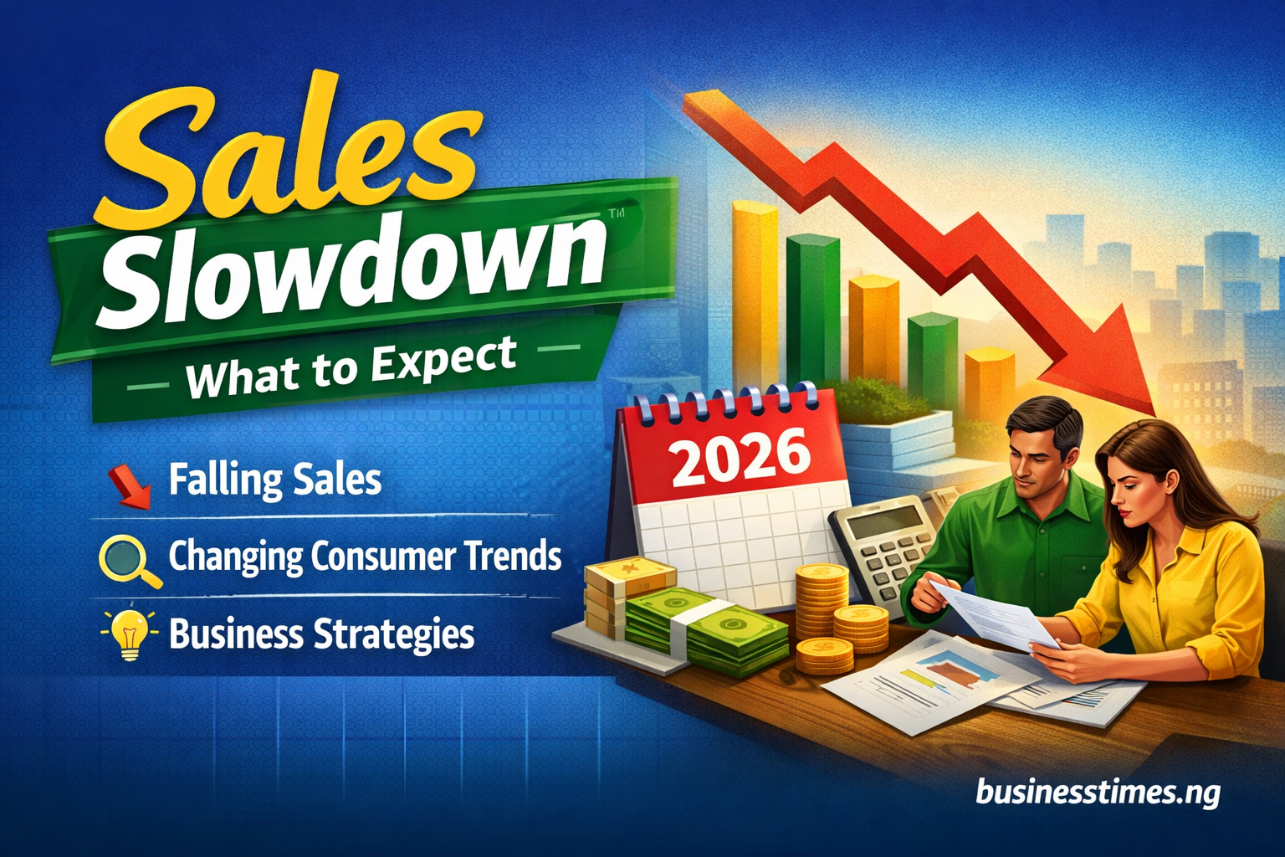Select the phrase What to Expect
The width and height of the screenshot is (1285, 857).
click(x=351, y=369)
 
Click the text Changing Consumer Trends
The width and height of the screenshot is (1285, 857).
click(x=365, y=557)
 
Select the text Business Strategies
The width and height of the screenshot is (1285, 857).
click(x=321, y=634)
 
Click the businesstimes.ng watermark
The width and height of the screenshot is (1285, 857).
click(x=1097, y=791)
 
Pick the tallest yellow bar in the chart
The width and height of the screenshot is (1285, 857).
click(x=755, y=293)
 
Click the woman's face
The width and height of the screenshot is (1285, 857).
click(x=1129, y=485)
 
